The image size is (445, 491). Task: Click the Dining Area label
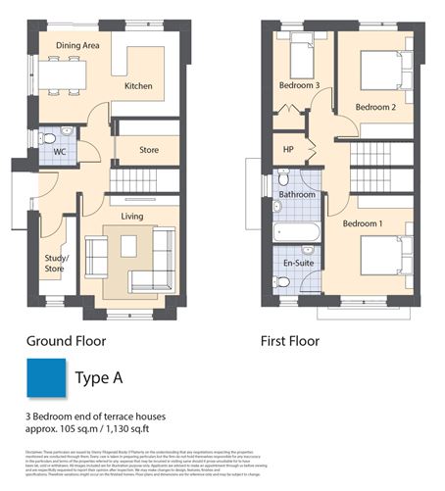[x=78, y=45]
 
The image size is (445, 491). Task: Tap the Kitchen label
[x=138, y=86]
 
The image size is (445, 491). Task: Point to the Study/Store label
[x=54, y=264]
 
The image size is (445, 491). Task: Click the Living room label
[x=133, y=215]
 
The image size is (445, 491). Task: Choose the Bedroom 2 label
[x=375, y=106]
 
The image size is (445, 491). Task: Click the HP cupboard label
[x=288, y=150]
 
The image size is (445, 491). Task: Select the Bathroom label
[x=298, y=195]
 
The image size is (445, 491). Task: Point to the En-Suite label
[x=298, y=263]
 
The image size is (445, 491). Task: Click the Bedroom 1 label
[x=362, y=223]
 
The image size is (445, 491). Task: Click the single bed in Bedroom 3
[x=300, y=50]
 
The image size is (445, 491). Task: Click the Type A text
[x=103, y=377]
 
